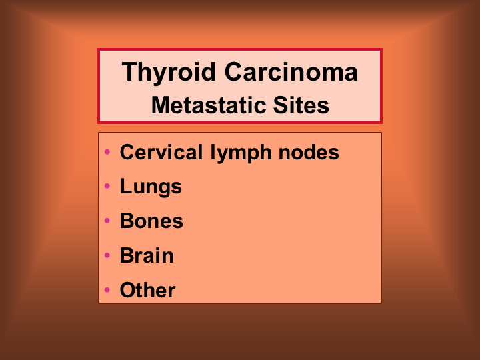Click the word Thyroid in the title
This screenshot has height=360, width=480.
pos(169,73)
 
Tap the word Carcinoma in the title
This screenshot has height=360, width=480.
pos(291,72)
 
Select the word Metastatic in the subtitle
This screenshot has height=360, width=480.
pos(209,105)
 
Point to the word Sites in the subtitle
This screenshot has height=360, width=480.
pos(301,105)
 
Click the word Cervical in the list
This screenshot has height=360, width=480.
pos(161,152)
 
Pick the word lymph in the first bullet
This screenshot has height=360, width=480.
pos(241,154)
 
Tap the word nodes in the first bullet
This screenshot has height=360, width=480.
pos(309,152)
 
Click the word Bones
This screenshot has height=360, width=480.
pos(151,221)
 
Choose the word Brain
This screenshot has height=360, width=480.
pos(147,255)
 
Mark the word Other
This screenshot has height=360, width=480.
pos(148,289)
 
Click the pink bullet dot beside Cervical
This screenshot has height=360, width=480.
pos(107,151)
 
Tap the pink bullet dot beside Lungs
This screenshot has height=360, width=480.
pos(107,186)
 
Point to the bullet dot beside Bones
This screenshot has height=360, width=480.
pos(107,221)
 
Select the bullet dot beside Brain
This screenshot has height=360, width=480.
pos(107,255)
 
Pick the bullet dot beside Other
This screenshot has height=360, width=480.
pos(107,289)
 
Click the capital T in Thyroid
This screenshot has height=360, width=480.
pos(130,71)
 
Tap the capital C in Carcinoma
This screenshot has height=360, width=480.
pos(234,71)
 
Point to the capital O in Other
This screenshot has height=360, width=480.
pos(128,289)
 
